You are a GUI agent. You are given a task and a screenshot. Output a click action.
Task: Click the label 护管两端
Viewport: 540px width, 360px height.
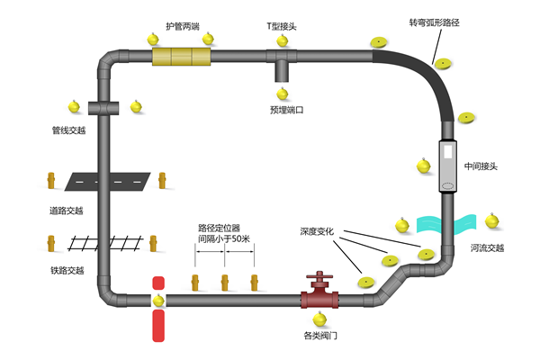[x=183, y=27]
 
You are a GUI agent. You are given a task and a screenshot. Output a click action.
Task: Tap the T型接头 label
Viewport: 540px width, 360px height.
[x=282, y=27]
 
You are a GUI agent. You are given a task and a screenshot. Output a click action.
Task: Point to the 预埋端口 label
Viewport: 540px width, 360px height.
[x=286, y=110]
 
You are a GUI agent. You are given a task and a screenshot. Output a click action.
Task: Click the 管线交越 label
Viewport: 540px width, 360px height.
[x=68, y=130]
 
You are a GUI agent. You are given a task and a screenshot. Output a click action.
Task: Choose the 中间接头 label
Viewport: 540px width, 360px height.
[x=481, y=166]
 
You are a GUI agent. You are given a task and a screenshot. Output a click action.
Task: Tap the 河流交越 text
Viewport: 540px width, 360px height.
[x=487, y=248]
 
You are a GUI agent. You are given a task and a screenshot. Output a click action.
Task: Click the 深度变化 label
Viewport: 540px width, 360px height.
[x=317, y=230]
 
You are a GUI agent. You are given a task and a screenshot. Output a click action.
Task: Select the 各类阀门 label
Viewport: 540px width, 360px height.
[x=320, y=336]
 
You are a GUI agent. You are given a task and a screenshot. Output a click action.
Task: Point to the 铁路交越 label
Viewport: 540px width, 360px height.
[x=67, y=270]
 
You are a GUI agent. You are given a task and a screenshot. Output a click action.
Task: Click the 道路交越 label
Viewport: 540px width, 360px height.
[x=67, y=211]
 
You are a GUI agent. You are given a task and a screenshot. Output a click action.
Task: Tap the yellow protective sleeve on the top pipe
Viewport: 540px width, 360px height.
[x=181, y=57]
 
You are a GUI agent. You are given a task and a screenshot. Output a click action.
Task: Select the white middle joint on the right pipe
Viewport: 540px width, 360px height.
[x=448, y=166]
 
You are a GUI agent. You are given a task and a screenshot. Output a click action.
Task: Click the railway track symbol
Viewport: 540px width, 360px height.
[x=107, y=241]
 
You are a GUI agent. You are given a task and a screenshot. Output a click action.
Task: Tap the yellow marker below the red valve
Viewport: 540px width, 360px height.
[x=318, y=317]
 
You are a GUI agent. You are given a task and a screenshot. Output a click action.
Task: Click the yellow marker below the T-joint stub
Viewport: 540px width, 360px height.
[x=282, y=93]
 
